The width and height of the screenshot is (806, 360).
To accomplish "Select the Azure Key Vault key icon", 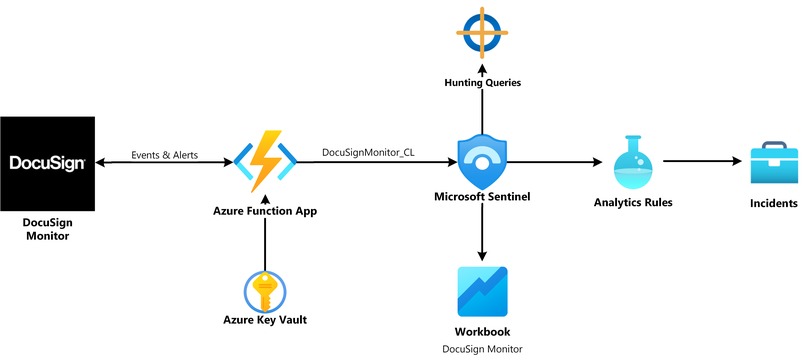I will pyautogui.click(x=264, y=290).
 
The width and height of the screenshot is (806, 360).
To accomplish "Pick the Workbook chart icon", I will pyautogui.click(x=483, y=291).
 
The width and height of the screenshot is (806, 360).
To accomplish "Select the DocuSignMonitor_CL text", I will pyautogui.click(x=368, y=152).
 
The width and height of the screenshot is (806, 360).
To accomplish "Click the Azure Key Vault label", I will pyautogui.click(x=264, y=320).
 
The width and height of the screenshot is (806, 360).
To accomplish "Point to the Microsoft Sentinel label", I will pyautogui.click(x=483, y=197).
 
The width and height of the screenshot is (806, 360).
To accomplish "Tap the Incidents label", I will pyautogui.click(x=774, y=203).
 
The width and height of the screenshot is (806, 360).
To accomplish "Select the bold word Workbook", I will pyautogui.click(x=483, y=330).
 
